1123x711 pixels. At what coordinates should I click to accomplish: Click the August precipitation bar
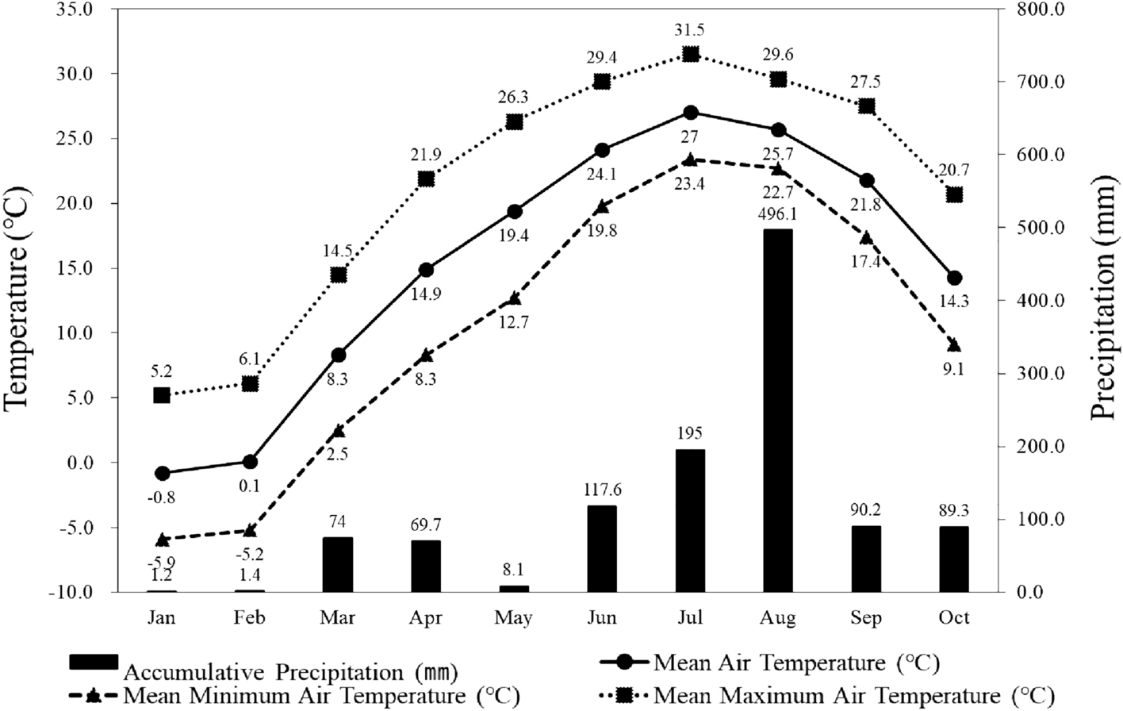[x=777, y=410]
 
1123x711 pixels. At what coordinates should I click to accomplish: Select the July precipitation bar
[x=690, y=521]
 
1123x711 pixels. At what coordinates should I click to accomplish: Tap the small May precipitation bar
[x=514, y=589]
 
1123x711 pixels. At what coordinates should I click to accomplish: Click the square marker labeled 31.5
[x=690, y=54]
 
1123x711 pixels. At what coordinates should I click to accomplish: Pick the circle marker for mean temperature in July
[x=690, y=113]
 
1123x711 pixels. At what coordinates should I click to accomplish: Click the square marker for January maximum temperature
[x=162, y=395]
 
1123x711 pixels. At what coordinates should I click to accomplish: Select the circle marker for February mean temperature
[x=250, y=462]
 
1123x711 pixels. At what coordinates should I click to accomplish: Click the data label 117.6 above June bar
[x=602, y=490]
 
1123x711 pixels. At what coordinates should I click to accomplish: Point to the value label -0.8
[x=162, y=498]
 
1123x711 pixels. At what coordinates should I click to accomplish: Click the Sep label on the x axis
[x=866, y=618]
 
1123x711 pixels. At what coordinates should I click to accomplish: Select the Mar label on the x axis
[x=338, y=618]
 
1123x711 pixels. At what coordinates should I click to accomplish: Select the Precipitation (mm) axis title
[x=1104, y=300]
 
